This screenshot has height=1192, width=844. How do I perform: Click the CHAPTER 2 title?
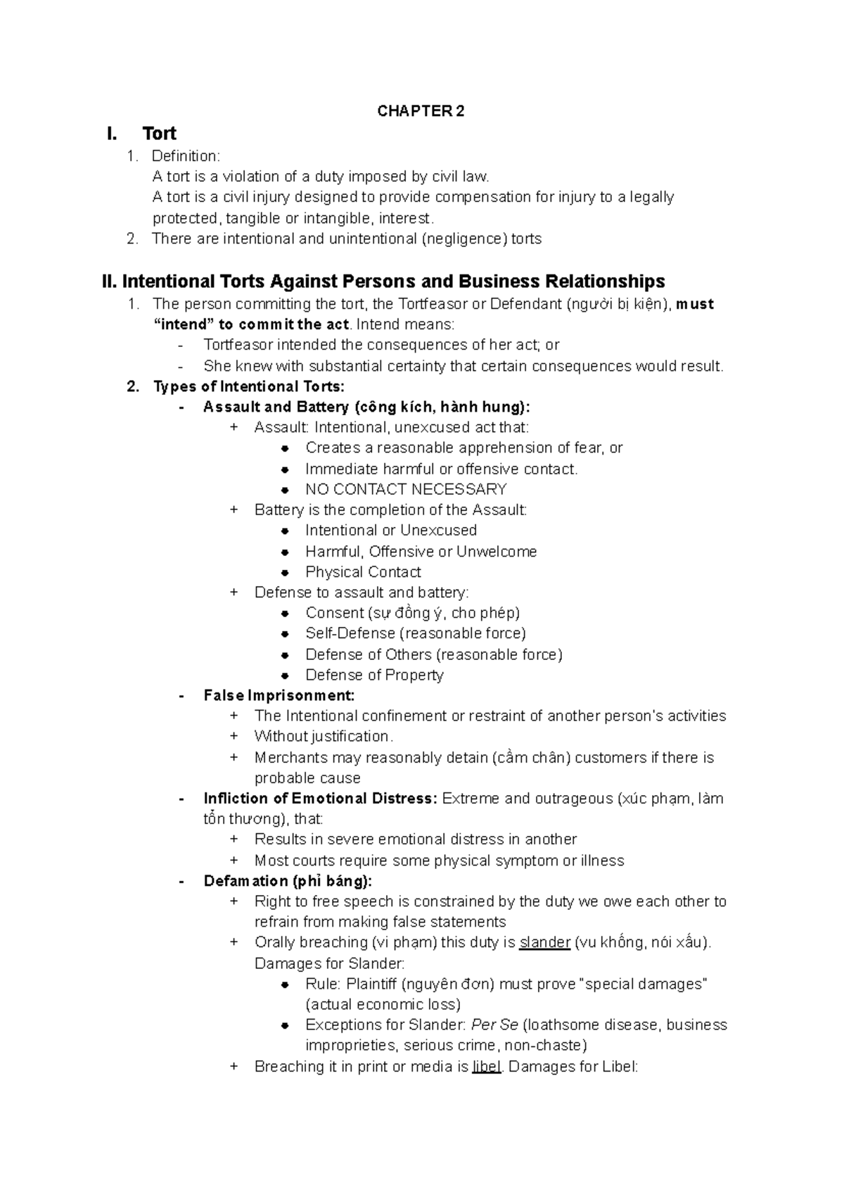[421, 111]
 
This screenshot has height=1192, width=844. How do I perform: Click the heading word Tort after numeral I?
[159, 134]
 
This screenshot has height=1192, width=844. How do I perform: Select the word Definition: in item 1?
[186, 156]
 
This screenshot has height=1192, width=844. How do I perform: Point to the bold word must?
[694, 304]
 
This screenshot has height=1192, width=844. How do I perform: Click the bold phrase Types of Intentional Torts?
[249, 386]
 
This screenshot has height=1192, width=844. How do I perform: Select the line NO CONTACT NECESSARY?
[406, 489]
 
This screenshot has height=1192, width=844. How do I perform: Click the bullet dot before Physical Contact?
[285, 573]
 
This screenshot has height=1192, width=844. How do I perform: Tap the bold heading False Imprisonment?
[279, 695]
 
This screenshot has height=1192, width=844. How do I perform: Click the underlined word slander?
[544, 942]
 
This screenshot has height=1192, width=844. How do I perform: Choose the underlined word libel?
[487, 1067]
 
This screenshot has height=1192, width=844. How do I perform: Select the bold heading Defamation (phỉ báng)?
[288, 881]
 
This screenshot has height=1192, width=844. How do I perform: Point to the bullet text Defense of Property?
[374, 675]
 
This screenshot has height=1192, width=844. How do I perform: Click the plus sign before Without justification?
[234, 737]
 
